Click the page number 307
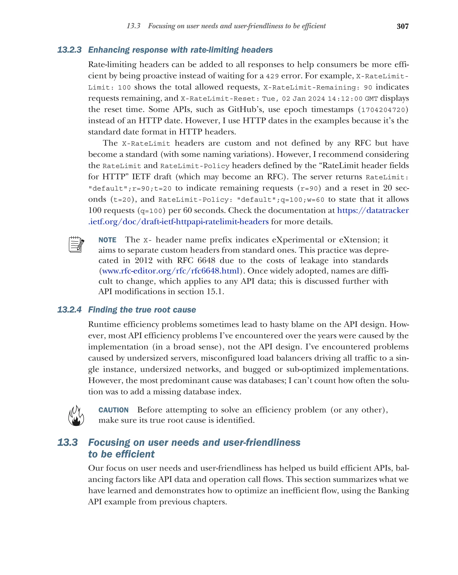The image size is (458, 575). [402, 26]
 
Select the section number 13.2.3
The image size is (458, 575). [69, 50]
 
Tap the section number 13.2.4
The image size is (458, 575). [69, 310]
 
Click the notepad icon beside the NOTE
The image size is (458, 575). [76, 244]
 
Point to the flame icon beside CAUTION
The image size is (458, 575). [76, 415]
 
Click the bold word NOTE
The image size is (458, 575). [107, 240]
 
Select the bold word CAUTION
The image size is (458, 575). [114, 410]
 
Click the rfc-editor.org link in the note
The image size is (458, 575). [170, 271]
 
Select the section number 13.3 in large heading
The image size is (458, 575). [68, 442]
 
